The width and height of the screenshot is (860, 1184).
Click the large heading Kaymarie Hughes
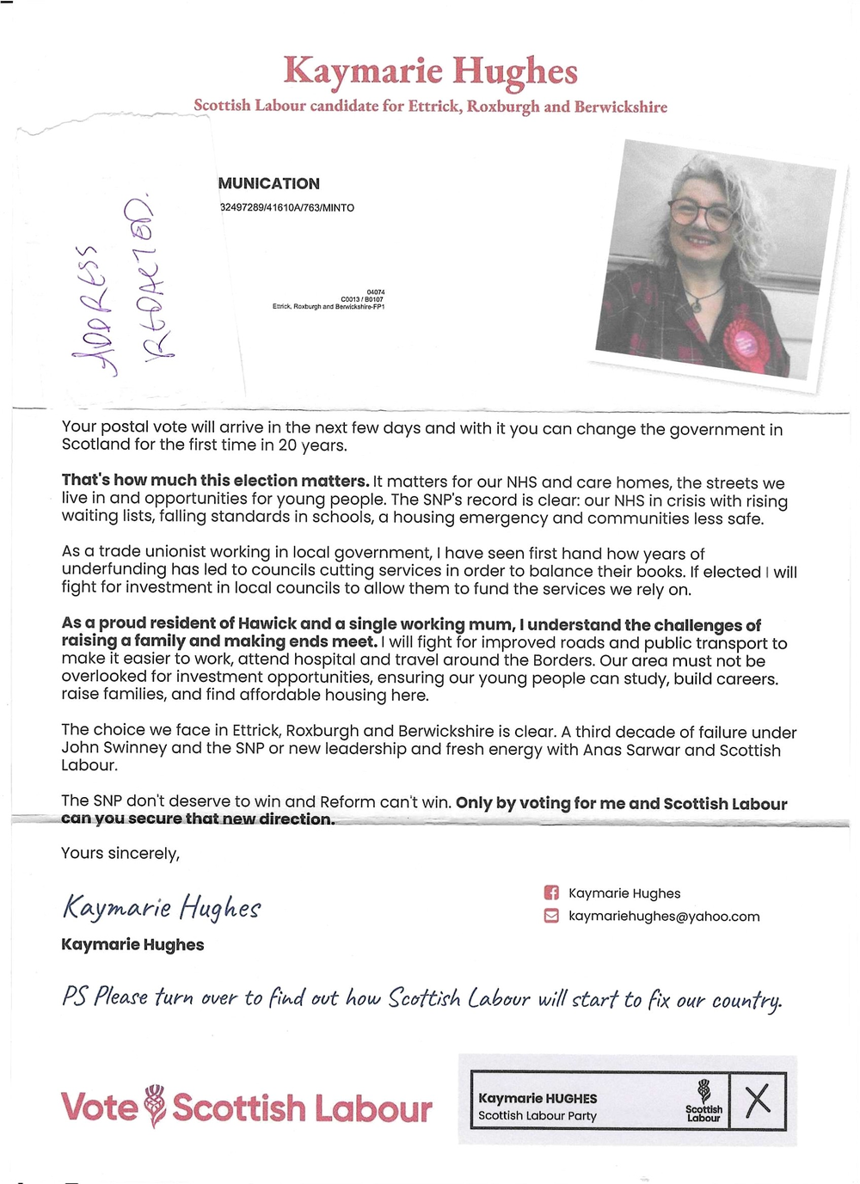click(430, 71)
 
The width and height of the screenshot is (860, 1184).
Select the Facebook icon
click(551, 893)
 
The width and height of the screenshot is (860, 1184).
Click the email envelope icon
click(551, 917)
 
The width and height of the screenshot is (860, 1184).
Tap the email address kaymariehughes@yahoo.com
click(664, 917)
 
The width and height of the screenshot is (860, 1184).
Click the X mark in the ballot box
click(758, 1101)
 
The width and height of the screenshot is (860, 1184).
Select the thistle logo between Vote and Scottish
click(155, 1106)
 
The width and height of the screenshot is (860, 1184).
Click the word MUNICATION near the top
click(268, 183)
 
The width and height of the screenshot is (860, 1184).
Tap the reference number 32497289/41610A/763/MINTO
click(287, 208)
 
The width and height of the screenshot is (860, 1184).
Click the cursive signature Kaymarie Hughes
click(162, 908)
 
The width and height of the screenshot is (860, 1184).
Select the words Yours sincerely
click(120, 853)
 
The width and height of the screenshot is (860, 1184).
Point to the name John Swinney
click(114, 748)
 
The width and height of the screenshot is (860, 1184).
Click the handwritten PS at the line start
click(74, 997)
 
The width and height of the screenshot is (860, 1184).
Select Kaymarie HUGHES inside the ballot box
click(537, 1099)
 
